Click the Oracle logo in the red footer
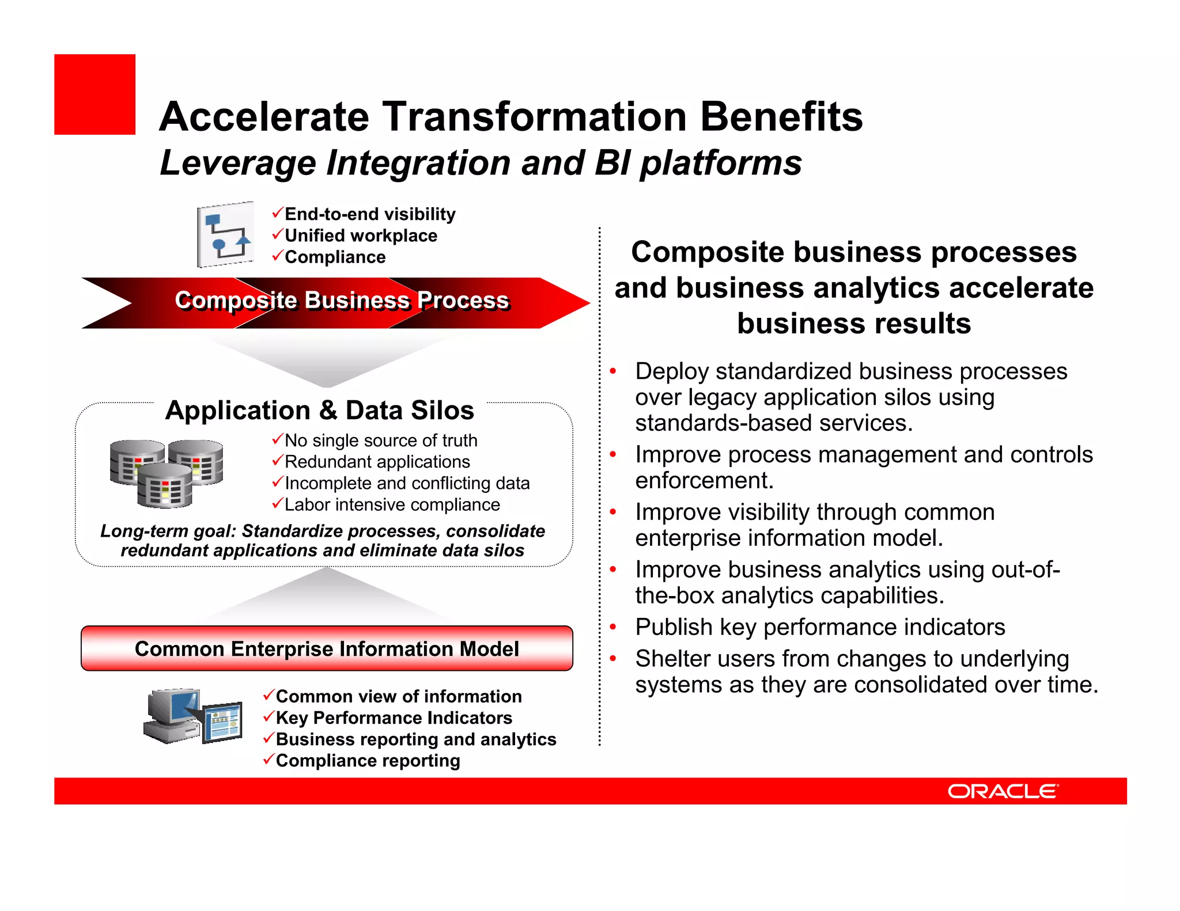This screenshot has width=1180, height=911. coord(1003,791)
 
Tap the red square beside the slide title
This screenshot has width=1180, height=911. coord(94,94)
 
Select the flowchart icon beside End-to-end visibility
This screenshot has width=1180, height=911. coord(225,234)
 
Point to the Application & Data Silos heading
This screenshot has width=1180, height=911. coord(320,411)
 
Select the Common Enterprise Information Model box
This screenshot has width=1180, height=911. coord(327,648)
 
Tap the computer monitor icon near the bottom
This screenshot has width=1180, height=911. coord(192,716)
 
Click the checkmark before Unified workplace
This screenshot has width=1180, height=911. coord(277,234)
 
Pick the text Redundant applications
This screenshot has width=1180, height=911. coord(377,462)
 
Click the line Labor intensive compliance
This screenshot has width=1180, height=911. coord(392,505)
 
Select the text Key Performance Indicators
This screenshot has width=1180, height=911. coord(394,718)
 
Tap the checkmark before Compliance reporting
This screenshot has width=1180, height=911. coord(268,760)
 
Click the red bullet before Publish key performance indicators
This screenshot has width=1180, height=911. coord(613,627)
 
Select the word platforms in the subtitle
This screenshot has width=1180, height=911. coord(721,163)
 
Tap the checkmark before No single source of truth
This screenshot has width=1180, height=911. coord(277,440)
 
